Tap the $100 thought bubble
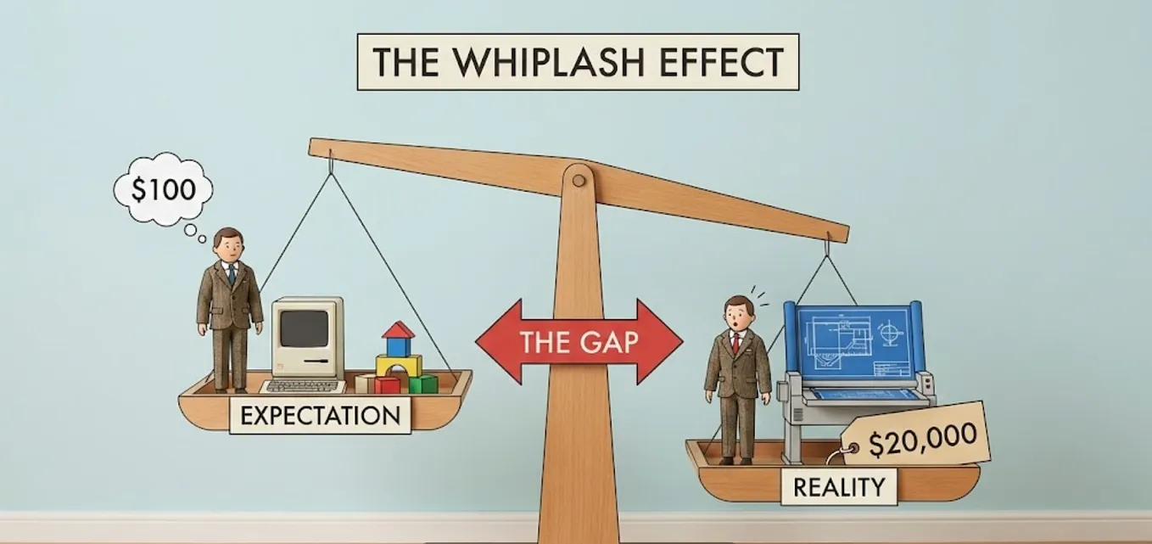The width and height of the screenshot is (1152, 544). click(163, 189)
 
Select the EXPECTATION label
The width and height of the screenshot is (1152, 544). click(320, 415)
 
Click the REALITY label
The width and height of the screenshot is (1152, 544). click(839, 487)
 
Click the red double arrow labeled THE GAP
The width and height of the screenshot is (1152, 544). click(579, 342)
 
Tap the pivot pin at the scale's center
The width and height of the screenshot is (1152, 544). click(579, 180)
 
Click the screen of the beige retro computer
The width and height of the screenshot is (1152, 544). click(304, 328)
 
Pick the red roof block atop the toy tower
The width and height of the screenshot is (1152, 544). click(398, 330)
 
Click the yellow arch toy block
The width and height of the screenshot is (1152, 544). click(398, 366)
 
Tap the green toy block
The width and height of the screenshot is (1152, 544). click(426, 384)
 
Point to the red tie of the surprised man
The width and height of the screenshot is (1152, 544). click(738, 343)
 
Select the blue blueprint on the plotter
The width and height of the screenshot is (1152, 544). click(853, 347)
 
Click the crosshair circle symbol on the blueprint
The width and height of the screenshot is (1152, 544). click(889, 333)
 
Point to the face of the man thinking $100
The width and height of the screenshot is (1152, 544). click(227, 247)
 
